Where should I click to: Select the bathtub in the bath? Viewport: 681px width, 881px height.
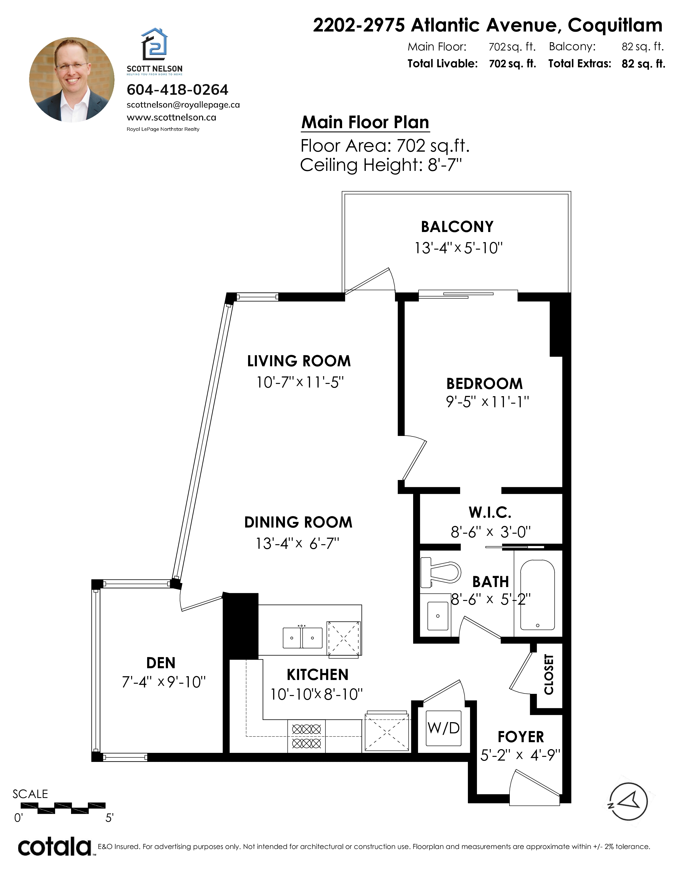(537, 595)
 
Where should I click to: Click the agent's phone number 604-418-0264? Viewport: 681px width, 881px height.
(178, 89)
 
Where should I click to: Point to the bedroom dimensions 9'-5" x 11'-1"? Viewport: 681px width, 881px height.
(487, 402)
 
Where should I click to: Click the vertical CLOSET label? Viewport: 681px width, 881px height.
(549, 674)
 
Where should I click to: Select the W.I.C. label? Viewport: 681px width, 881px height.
(490, 512)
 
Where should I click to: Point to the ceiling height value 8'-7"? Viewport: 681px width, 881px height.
(445, 165)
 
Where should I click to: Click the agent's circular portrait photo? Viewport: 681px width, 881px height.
(72, 80)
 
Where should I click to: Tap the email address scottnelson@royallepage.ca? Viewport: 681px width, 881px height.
(183, 105)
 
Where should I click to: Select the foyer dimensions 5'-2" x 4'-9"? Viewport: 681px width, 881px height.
(520, 755)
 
